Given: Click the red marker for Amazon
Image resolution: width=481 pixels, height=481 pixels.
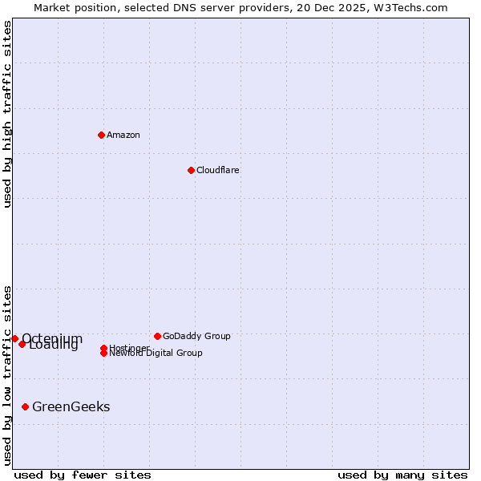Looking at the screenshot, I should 101,135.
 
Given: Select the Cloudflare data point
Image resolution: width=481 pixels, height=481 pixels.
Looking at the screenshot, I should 191,170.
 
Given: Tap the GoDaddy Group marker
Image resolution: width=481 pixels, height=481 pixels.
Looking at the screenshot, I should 157,336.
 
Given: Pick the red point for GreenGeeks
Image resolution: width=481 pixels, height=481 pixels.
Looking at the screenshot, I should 26,407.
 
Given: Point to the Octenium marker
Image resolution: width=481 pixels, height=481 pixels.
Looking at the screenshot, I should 14,339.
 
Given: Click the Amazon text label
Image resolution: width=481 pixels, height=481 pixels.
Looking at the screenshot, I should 123,135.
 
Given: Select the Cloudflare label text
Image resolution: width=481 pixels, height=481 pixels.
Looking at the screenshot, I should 218,170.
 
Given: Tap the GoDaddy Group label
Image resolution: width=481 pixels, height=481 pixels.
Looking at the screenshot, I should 196,336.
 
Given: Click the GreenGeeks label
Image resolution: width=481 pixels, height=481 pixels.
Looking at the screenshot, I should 71,407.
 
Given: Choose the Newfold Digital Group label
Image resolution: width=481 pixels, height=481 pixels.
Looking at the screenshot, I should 156,354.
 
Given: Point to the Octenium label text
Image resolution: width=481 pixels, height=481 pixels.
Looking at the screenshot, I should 52,338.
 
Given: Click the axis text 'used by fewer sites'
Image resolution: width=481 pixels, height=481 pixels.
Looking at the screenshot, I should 83,475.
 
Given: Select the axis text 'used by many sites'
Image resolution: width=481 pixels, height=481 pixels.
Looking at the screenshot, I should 402,475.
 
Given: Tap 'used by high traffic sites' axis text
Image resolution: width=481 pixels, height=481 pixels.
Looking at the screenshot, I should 7,114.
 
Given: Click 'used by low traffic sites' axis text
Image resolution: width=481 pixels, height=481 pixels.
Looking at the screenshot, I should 7,375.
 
